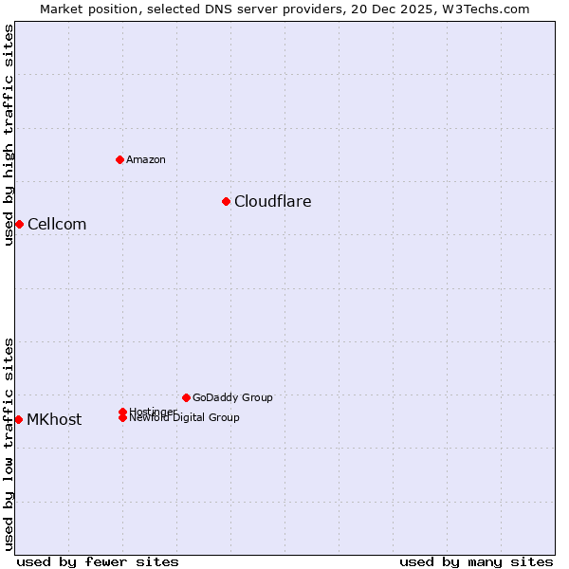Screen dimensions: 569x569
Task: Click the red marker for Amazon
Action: pyautogui.click(x=119, y=159)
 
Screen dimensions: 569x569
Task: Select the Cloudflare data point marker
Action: pyautogui.click(x=226, y=201)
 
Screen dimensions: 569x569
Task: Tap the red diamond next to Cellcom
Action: pyautogui.click(x=19, y=224)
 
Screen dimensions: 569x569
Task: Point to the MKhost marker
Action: pyautogui.click(x=18, y=419)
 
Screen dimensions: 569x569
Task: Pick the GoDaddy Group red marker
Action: pyautogui.click(x=186, y=397)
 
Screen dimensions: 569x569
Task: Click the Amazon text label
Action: pyautogui.click(x=145, y=159)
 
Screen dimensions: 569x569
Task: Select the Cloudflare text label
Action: pyautogui.click(x=272, y=201)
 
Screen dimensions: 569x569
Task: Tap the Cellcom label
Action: pyautogui.click(x=57, y=224)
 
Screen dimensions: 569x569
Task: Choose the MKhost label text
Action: pyautogui.click(x=54, y=419)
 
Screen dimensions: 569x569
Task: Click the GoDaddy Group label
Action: pyautogui.click(x=232, y=397)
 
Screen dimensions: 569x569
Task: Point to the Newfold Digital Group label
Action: pyautogui.click(x=184, y=418)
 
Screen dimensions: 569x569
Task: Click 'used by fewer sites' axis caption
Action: pyautogui.click(x=98, y=561)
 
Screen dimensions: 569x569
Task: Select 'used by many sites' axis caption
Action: pyautogui.click(x=476, y=561)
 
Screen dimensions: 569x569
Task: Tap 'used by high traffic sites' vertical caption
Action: pyautogui.click(x=9, y=135)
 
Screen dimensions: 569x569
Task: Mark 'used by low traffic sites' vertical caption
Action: pyautogui.click(x=9, y=443)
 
